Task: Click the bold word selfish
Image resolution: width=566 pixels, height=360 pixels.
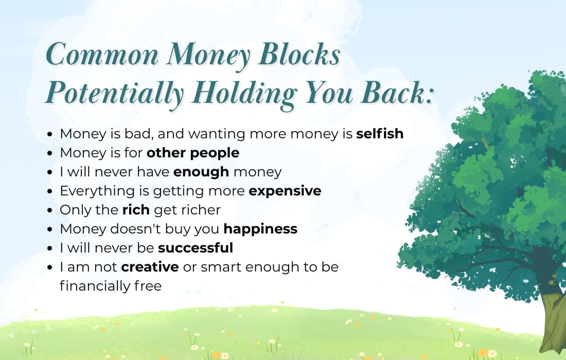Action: click(380, 134)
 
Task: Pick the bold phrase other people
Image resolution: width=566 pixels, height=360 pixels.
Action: click(193, 153)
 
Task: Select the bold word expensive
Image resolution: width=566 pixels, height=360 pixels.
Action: click(285, 191)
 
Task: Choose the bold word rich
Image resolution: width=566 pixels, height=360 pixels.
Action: click(136, 210)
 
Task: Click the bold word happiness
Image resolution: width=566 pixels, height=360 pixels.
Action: click(260, 229)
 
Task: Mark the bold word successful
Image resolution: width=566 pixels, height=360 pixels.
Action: click(196, 248)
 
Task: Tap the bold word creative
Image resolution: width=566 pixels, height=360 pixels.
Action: click(150, 267)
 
